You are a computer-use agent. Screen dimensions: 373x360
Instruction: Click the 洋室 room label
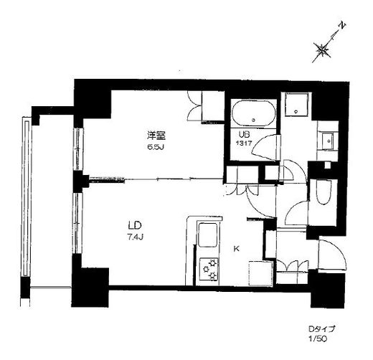click(156, 136)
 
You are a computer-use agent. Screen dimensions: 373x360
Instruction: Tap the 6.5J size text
click(156, 147)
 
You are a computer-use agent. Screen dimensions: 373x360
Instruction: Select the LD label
click(136, 225)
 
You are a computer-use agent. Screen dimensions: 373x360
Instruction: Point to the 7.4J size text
click(135, 237)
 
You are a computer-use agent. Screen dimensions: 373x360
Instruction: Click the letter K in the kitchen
click(236, 249)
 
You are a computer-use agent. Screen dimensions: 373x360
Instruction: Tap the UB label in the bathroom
click(244, 135)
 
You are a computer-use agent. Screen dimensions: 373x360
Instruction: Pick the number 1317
click(244, 143)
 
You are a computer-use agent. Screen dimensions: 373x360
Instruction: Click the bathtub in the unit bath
click(253, 113)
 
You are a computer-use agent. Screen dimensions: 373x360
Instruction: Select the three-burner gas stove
click(209, 269)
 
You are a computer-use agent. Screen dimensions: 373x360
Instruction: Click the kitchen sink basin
click(208, 235)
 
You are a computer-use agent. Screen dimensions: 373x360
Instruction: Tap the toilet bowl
click(324, 192)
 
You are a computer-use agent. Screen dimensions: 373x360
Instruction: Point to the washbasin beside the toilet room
click(327, 141)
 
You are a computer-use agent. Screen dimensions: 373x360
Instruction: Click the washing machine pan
click(296, 105)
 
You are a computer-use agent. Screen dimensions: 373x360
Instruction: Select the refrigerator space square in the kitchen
click(261, 274)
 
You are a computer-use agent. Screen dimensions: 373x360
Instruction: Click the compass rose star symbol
click(322, 50)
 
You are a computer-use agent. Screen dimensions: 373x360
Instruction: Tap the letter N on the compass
click(342, 26)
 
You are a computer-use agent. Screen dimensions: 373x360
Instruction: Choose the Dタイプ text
click(321, 329)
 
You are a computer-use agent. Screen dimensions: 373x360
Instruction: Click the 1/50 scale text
click(317, 339)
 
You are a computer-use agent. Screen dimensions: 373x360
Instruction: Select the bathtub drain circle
click(254, 120)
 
